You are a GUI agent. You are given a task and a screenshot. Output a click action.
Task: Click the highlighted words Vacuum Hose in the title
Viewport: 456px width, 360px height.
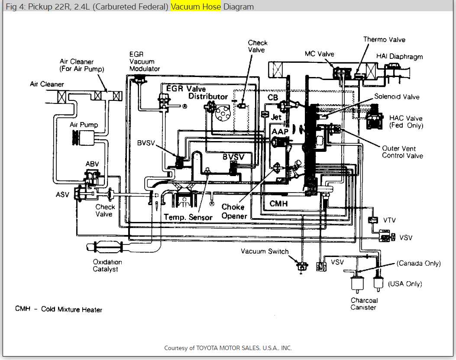point(196,7)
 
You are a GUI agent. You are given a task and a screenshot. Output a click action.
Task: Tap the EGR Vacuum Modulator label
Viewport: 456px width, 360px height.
point(144,61)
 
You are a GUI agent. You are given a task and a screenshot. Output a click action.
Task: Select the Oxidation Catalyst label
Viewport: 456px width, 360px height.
point(107,265)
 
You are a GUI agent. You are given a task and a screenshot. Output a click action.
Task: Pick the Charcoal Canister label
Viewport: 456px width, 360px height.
point(364,304)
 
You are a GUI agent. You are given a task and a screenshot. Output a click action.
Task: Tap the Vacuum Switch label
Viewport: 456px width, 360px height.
point(265,251)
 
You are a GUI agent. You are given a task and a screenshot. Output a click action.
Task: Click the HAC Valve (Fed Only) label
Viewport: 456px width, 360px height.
point(406,122)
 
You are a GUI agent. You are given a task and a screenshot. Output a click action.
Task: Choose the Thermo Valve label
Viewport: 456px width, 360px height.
point(384,39)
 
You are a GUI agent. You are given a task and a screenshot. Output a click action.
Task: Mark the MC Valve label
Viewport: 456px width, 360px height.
point(319,54)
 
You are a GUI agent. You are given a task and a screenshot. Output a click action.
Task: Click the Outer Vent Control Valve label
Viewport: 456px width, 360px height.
point(402,152)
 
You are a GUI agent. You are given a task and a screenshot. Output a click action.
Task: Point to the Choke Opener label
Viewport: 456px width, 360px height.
point(234,212)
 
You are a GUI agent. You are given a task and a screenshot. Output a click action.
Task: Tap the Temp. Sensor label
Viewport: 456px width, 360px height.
point(188,217)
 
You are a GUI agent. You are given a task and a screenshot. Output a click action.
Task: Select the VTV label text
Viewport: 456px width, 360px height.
point(389,220)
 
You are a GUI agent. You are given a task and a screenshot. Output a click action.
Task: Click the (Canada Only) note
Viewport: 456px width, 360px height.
point(419,263)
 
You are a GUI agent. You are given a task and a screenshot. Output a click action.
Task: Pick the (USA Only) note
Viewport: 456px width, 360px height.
point(404,284)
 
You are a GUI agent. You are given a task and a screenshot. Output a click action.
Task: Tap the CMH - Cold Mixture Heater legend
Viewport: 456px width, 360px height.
point(59,309)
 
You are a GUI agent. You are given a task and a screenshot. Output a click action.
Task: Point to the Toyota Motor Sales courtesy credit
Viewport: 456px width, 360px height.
point(228,348)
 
